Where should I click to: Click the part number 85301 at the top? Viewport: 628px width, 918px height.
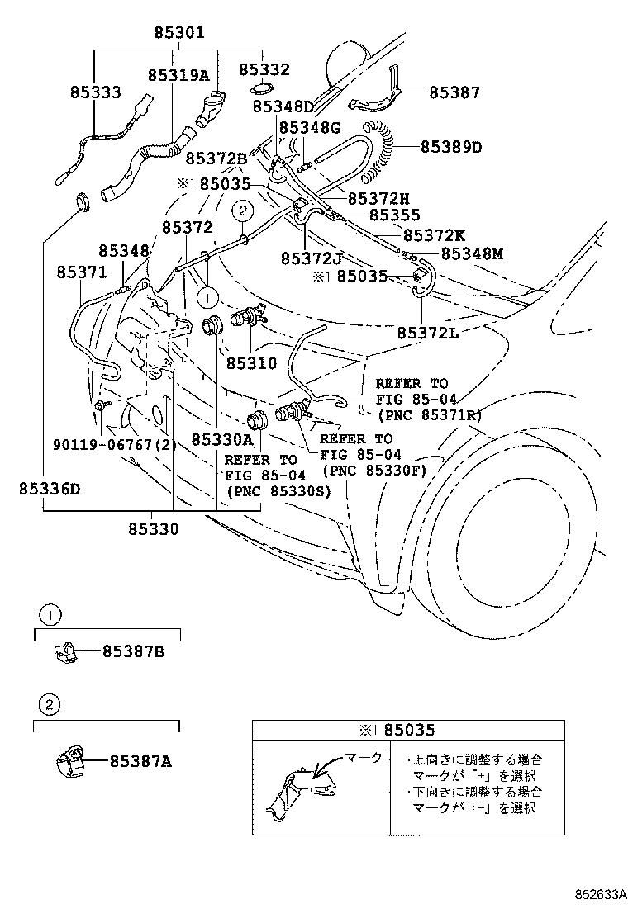tap(178, 33)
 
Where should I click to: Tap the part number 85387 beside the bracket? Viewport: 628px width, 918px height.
tap(454, 93)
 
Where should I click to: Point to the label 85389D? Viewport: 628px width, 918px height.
tap(450, 147)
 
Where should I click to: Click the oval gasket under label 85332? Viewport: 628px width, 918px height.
tap(259, 89)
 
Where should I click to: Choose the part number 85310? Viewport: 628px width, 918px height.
tap(252, 362)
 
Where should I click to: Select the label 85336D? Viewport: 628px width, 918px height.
tap(50, 488)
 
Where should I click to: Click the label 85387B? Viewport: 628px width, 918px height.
tap(133, 652)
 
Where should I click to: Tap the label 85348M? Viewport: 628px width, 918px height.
tap(472, 254)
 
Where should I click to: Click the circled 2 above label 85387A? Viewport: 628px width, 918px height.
tap(49, 703)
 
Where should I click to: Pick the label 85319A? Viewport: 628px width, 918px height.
tap(178, 75)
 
